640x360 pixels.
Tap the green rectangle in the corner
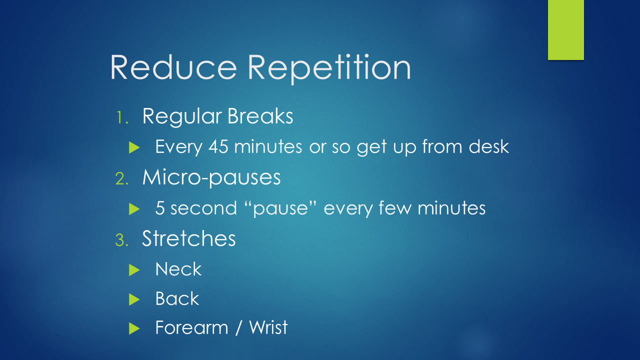(565, 30)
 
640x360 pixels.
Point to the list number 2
(122, 178)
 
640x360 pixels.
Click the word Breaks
(260, 116)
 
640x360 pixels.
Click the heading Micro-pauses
(211, 177)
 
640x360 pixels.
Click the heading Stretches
(188, 238)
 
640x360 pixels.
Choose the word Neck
(178, 269)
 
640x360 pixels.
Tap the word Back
(177, 298)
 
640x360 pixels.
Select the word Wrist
(268, 327)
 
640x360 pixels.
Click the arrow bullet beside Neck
(133, 270)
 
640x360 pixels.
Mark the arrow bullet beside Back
(133, 299)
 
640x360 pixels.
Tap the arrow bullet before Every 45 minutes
(133, 147)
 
